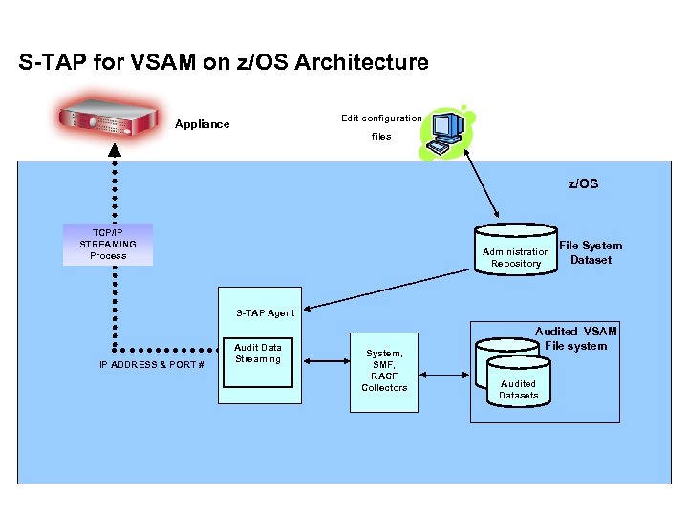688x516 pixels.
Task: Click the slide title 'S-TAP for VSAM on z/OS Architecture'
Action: pos(224,63)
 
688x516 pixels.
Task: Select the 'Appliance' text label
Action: pos(203,124)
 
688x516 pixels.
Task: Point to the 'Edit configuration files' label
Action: pos(381,127)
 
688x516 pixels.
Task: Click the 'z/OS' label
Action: pos(583,183)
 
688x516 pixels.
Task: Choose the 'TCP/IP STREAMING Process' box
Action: pos(108,245)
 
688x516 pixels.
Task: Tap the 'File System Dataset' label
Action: pos(591,252)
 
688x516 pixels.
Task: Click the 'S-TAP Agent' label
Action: pos(266,313)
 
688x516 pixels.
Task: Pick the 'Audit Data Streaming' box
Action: pos(258,361)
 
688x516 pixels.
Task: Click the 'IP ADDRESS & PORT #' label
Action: pos(152,365)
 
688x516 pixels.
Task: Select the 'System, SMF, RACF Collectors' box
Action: pos(384,372)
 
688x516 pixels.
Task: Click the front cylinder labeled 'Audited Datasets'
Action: pos(519,384)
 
